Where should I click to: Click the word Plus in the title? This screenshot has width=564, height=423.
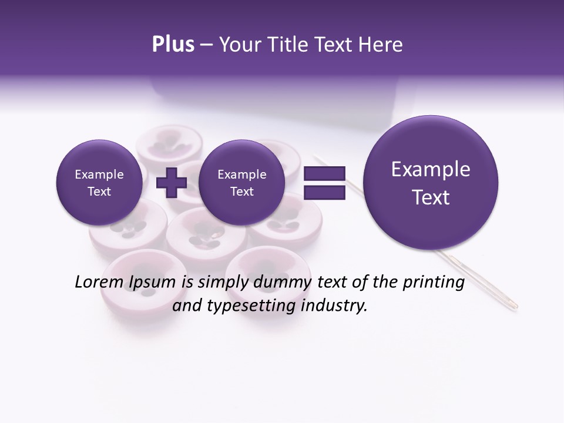[173, 45]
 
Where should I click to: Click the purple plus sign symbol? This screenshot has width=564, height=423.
[171, 183]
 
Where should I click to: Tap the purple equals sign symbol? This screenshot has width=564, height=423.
[324, 183]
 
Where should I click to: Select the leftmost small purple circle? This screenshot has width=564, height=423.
[99, 183]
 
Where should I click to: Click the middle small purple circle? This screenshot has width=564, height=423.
[241, 183]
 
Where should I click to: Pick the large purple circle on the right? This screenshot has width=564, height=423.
[431, 183]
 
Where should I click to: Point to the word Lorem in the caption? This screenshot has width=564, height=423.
[99, 282]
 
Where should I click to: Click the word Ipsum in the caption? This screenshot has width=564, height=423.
[152, 283]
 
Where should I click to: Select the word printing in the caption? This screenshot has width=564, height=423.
[434, 283]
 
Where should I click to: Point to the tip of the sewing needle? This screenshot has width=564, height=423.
[516, 306]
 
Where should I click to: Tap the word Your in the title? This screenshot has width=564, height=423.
[236, 45]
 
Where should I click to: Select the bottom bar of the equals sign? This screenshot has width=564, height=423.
[324, 192]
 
